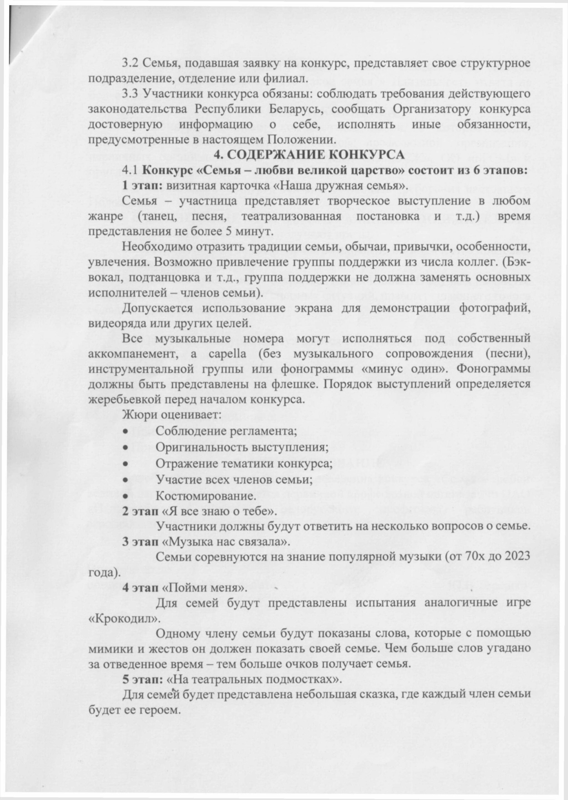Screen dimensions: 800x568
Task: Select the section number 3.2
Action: pyautogui.click(x=130, y=63)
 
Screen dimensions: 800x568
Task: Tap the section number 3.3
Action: pyautogui.click(x=130, y=94)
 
